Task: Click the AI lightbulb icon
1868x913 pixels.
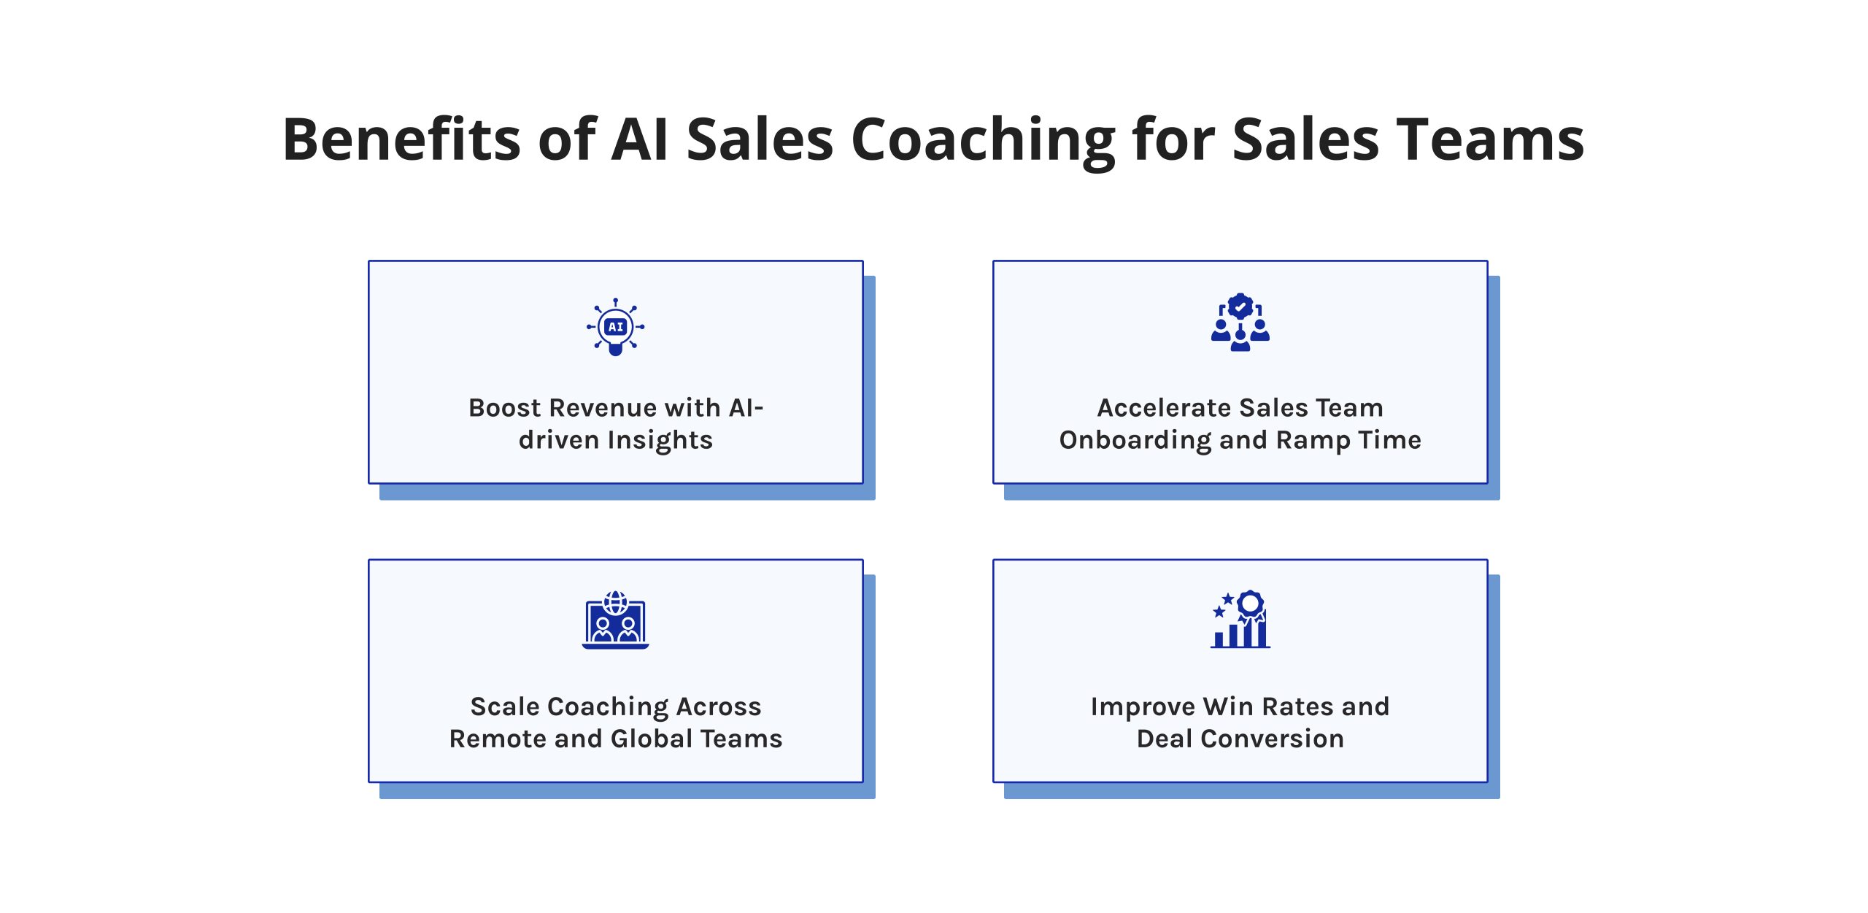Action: point(616,327)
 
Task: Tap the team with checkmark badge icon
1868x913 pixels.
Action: point(1240,323)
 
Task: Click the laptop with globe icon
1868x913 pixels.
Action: point(616,620)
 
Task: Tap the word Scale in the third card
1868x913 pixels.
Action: point(505,706)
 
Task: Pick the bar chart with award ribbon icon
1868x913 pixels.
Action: point(1240,619)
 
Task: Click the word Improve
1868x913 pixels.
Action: point(1143,707)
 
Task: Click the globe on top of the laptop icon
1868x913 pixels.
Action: point(616,602)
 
